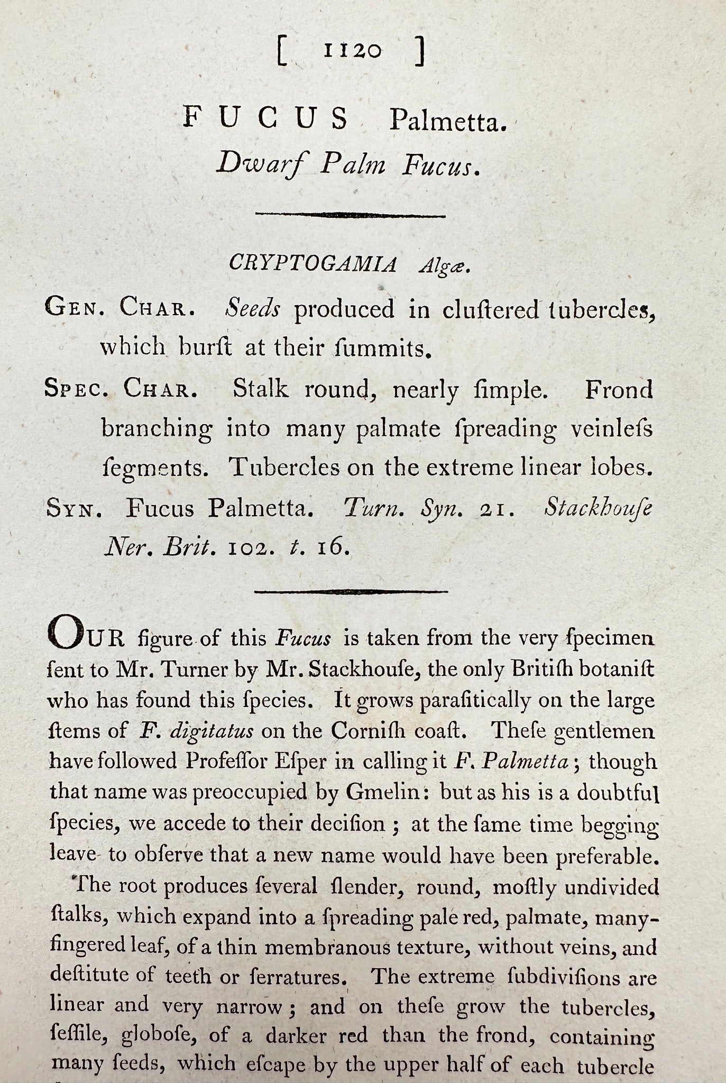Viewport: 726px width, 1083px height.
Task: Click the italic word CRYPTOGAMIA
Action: [x=313, y=263]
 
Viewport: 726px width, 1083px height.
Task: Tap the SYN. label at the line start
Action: [x=74, y=509]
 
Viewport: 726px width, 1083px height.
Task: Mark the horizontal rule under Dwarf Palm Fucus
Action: [x=350, y=215]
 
